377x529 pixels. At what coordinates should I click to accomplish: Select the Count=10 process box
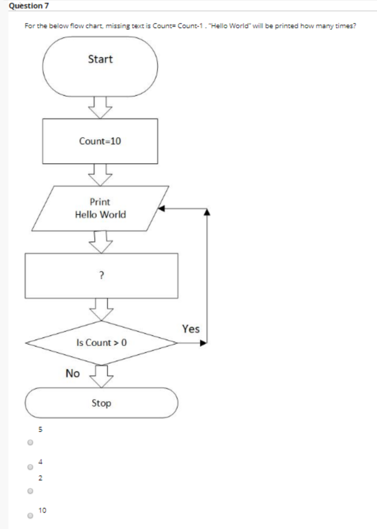click(x=100, y=141)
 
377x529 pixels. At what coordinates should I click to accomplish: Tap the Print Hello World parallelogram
click(x=100, y=208)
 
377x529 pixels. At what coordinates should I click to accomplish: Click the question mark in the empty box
click(x=101, y=276)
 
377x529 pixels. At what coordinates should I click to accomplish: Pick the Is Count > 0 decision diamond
click(x=101, y=343)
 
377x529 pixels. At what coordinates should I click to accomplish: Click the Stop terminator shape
click(x=101, y=403)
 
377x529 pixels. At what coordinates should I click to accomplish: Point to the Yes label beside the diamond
click(x=190, y=329)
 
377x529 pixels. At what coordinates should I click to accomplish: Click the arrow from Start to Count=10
click(x=100, y=107)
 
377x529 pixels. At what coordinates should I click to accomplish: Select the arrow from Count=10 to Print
click(x=100, y=175)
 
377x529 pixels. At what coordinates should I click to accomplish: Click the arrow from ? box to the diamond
click(x=101, y=309)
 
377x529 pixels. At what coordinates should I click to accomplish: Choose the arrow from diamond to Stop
click(x=101, y=376)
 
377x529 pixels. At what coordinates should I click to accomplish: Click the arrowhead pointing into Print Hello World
click(x=161, y=209)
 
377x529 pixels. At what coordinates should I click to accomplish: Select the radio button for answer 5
click(x=31, y=443)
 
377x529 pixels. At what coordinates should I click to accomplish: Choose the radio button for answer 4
click(x=31, y=467)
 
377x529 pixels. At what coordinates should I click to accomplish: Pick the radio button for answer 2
click(x=31, y=491)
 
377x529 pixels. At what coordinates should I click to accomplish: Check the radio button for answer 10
click(x=31, y=515)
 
